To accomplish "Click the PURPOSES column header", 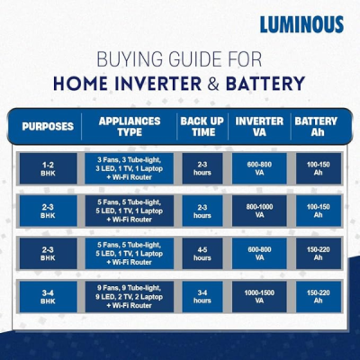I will pos(47,127).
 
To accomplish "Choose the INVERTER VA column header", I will pos(259,127).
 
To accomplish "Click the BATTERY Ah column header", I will pos(317,127).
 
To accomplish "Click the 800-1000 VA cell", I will pos(259,211).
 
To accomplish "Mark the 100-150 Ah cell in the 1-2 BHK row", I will pos(317,167).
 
